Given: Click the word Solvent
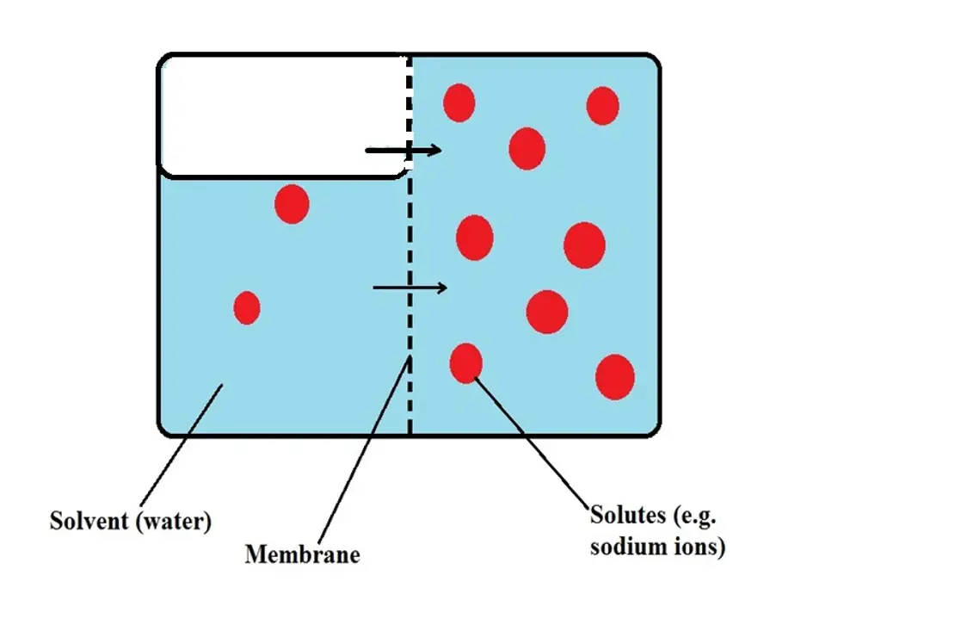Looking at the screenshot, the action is pyautogui.click(x=89, y=521).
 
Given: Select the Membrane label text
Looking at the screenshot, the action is pyautogui.click(x=302, y=554).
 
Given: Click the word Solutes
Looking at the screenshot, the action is pyautogui.click(x=628, y=515).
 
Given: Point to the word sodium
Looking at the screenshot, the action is pyautogui.click(x=623, y=546).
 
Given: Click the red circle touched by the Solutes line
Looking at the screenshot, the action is pyautogui.click(x=466, y=363).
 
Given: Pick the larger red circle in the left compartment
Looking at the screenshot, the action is pyautogui.click(x=292, y=204).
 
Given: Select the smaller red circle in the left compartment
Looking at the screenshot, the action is pyautogui.click(x=247, y=308).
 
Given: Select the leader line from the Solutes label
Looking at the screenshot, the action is pyautogui.click(x=532, y=442).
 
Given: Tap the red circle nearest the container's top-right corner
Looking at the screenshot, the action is pyautogui.click(x=602, y=106).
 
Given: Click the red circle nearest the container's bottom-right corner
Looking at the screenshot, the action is pyautogui.click(x=615, y=377).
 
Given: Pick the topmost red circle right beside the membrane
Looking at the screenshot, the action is pyautogui.click(x=459, y=102).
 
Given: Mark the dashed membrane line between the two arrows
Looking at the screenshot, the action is pyautogui.click(x=410, y=219).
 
